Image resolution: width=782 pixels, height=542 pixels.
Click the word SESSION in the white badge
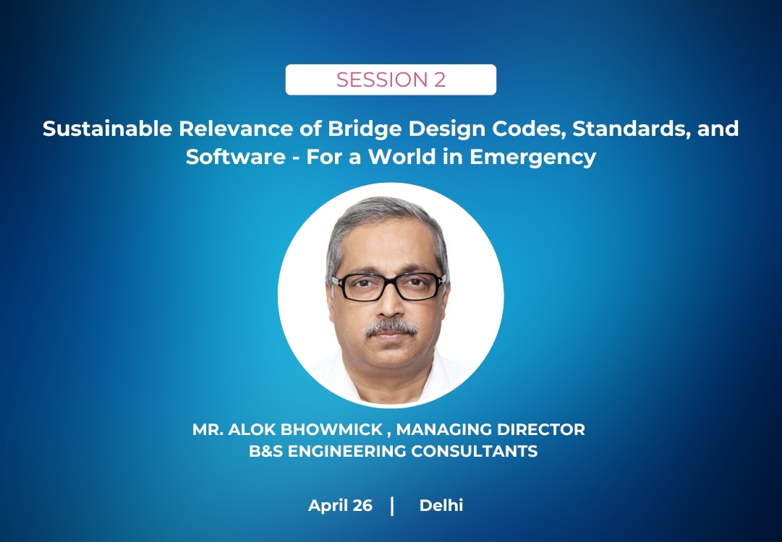[378, 79]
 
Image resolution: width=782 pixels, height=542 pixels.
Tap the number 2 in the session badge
[439, 79]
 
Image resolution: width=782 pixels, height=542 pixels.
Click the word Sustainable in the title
[107, 129]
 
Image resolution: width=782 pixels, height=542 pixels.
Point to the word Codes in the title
[529, 129]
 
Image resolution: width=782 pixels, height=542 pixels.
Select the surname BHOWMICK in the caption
[331, 429]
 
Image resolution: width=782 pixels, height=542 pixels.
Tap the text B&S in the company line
[265, 452]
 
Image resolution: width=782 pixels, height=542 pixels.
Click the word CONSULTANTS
[475, 452]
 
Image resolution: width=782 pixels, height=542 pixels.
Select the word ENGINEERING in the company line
[347, 452]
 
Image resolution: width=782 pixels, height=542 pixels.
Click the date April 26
[340, 506]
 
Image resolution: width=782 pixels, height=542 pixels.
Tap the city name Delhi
[441, 506]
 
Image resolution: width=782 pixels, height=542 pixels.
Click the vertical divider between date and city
[393, 506]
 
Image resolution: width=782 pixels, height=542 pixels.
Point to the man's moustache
[391, 328]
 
